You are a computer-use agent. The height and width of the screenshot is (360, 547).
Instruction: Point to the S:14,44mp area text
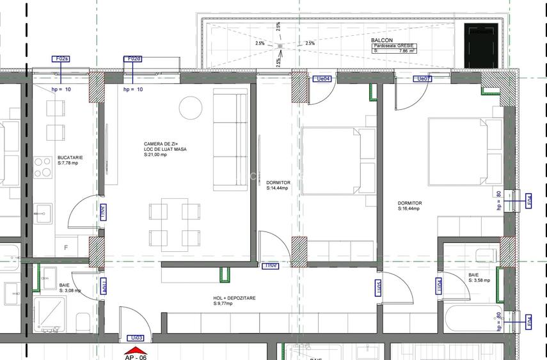pos(277,189)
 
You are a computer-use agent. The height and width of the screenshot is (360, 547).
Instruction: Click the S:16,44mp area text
pos(409,208)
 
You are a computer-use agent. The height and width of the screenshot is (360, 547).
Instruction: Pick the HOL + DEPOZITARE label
pos(235,298)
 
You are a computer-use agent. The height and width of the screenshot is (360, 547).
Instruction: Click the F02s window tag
pos(61,59)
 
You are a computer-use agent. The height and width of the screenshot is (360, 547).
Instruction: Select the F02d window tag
pos(133,59)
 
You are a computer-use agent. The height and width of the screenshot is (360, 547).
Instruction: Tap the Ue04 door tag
pos(322,79)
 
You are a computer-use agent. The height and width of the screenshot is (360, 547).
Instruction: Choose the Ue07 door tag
pos(424,79)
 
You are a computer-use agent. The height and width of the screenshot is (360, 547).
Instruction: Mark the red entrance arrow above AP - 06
pos(136,350)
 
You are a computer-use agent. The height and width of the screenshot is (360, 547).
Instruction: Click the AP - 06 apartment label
pos(135,357)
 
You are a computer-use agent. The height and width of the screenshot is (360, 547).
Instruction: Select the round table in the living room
pos(189,106)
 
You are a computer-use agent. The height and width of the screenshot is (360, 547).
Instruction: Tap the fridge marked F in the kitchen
pos(65,247)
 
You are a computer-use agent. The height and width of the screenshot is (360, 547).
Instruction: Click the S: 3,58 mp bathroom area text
pos(479,280)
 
